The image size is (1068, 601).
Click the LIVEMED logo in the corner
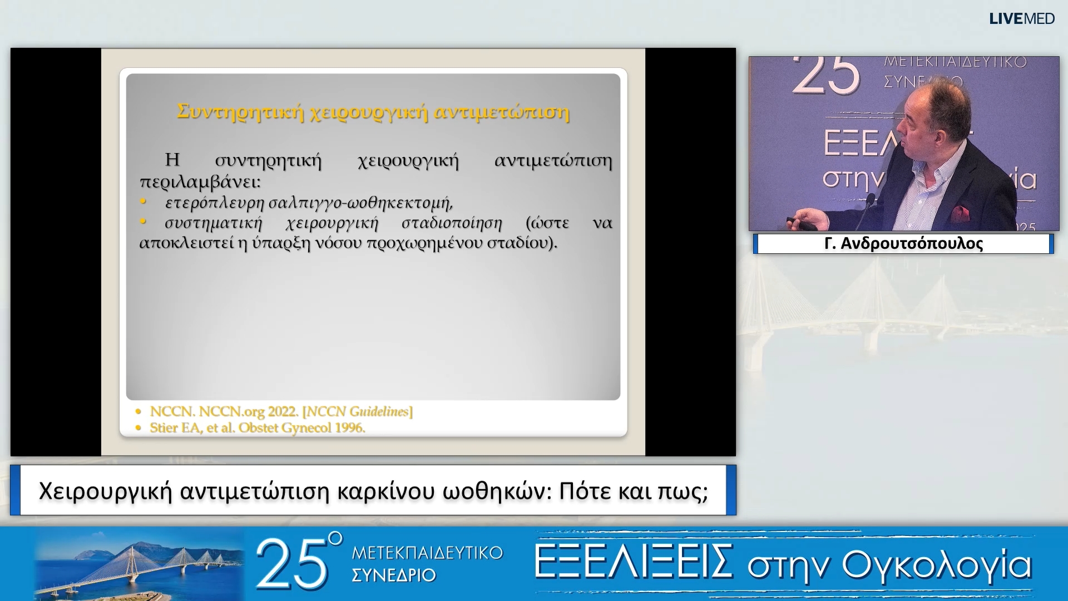pyautogui.click(x=1022, y=19)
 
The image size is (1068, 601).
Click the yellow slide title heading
pyautogui.click(x=373, y=112)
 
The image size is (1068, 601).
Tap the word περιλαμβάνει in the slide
pyautogui.click(x=200, y=182)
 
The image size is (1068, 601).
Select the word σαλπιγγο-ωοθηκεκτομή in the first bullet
pyautogui.click(x=360, y=203)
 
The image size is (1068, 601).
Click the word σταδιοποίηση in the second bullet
pyautogui.click(x=452, y=223)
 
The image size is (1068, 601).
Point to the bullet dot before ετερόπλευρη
pyautogui.click(x=143, y=201)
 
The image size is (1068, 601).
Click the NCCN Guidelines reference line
pyautogui.click(x=281, y=412)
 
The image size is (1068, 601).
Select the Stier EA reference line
pyautogui.click(x=258, y=428)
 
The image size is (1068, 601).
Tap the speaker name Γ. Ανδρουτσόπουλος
pyautogui.click(x=903, y=244)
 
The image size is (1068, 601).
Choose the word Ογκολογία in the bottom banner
pyautogui.click(x=937, y=565)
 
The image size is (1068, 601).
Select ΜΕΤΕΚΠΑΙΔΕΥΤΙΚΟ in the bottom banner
pyautogui.click(x=427, y=553)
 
